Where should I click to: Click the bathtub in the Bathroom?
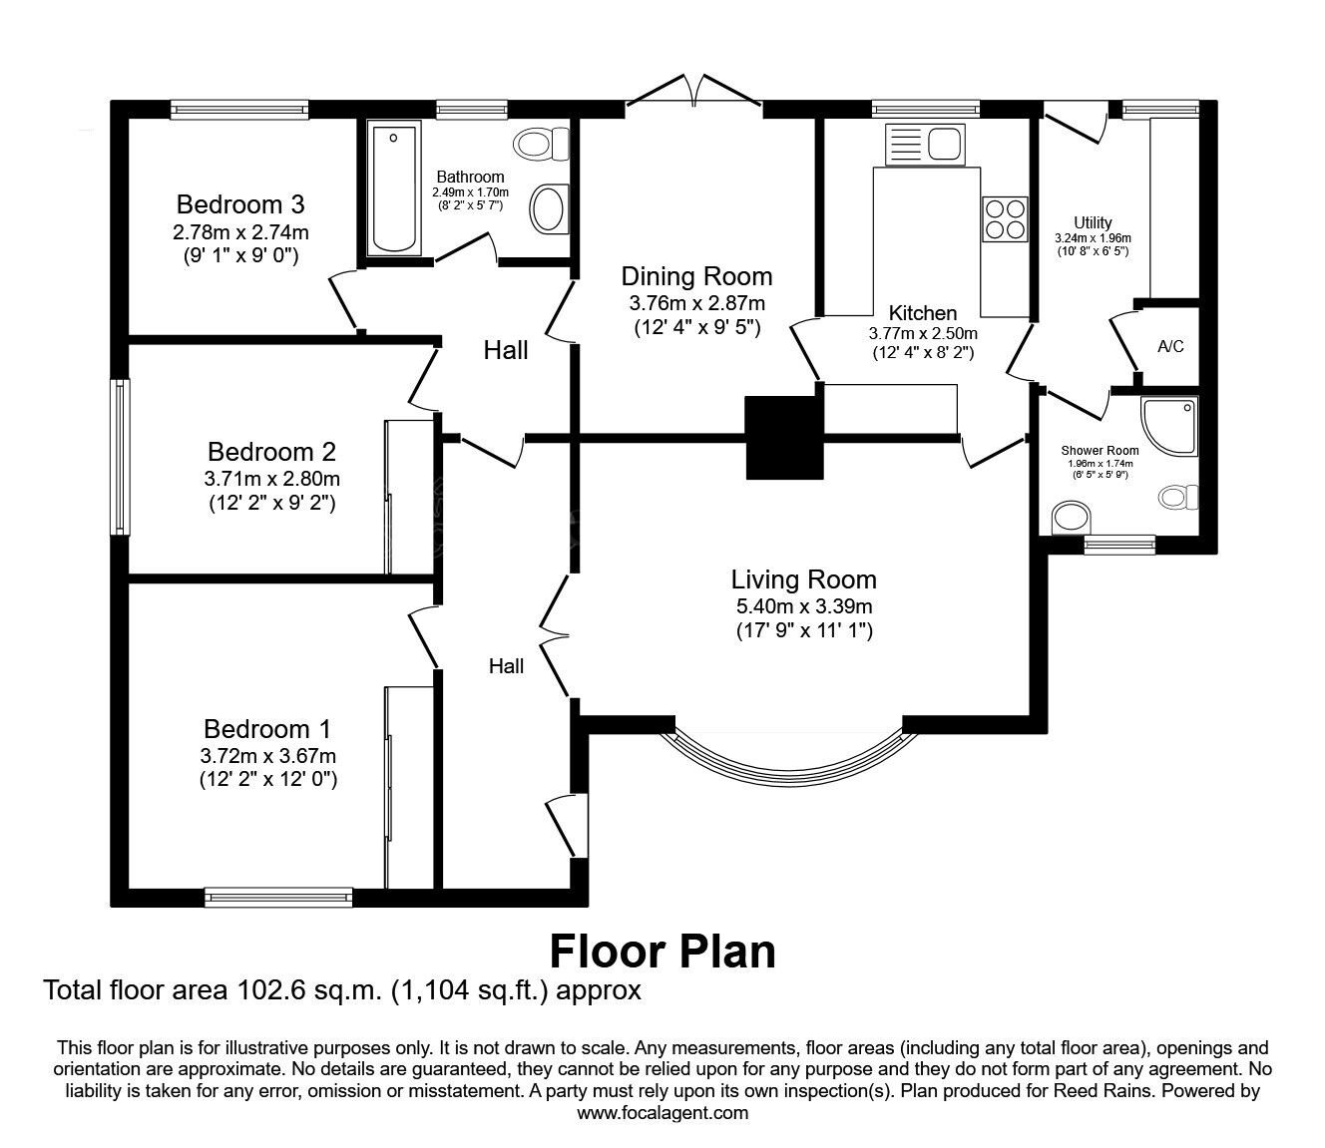click(x=394, y=188)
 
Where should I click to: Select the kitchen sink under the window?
click(x=923, y=145)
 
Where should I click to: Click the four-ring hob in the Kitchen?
click(x=1005, y=219)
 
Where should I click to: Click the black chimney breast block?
click(x=785, y=437)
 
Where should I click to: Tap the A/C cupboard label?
click(x=1170, y=347)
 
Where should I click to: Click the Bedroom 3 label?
click(x=239, y=204)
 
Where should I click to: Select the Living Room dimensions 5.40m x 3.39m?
click(x=803, y=605)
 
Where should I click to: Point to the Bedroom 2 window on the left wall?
click(x=120, y=456)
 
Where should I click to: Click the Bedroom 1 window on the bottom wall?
click(x=278, y=897)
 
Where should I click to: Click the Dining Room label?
click(x=696, y=276)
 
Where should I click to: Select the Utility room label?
click(x=1093, y=222)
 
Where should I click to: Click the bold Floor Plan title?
click(x=662, y=951)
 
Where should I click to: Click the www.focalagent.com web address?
click(x=662, y=1113)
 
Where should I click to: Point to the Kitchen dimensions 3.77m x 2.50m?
click(x=923, y=334)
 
